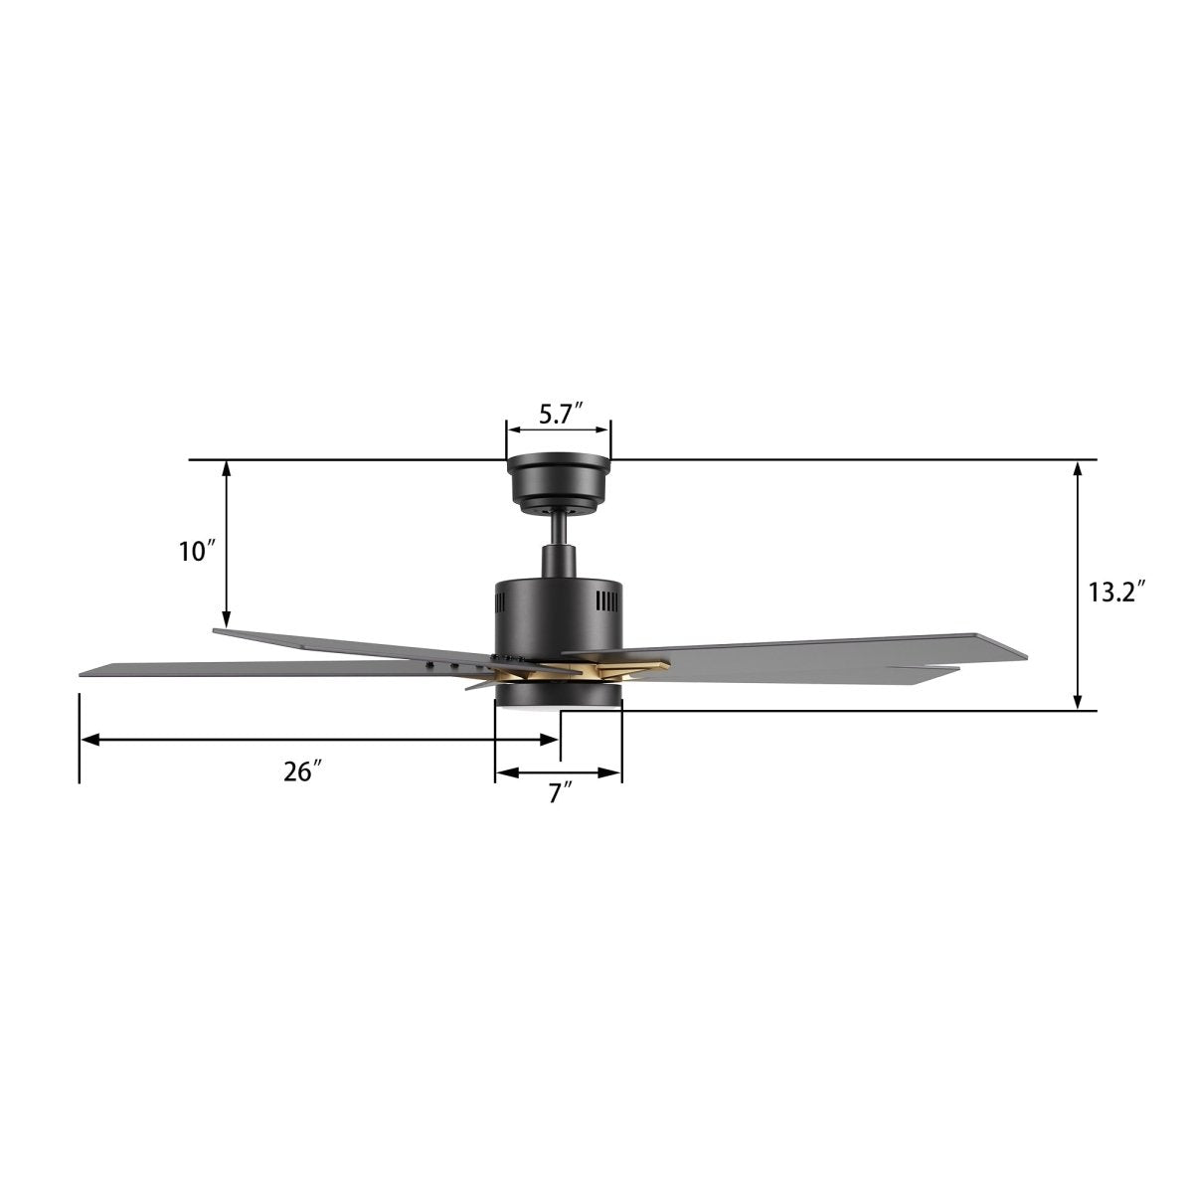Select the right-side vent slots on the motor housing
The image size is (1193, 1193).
pos(606,601)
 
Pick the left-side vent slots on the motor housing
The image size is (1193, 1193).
pos(500,601)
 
